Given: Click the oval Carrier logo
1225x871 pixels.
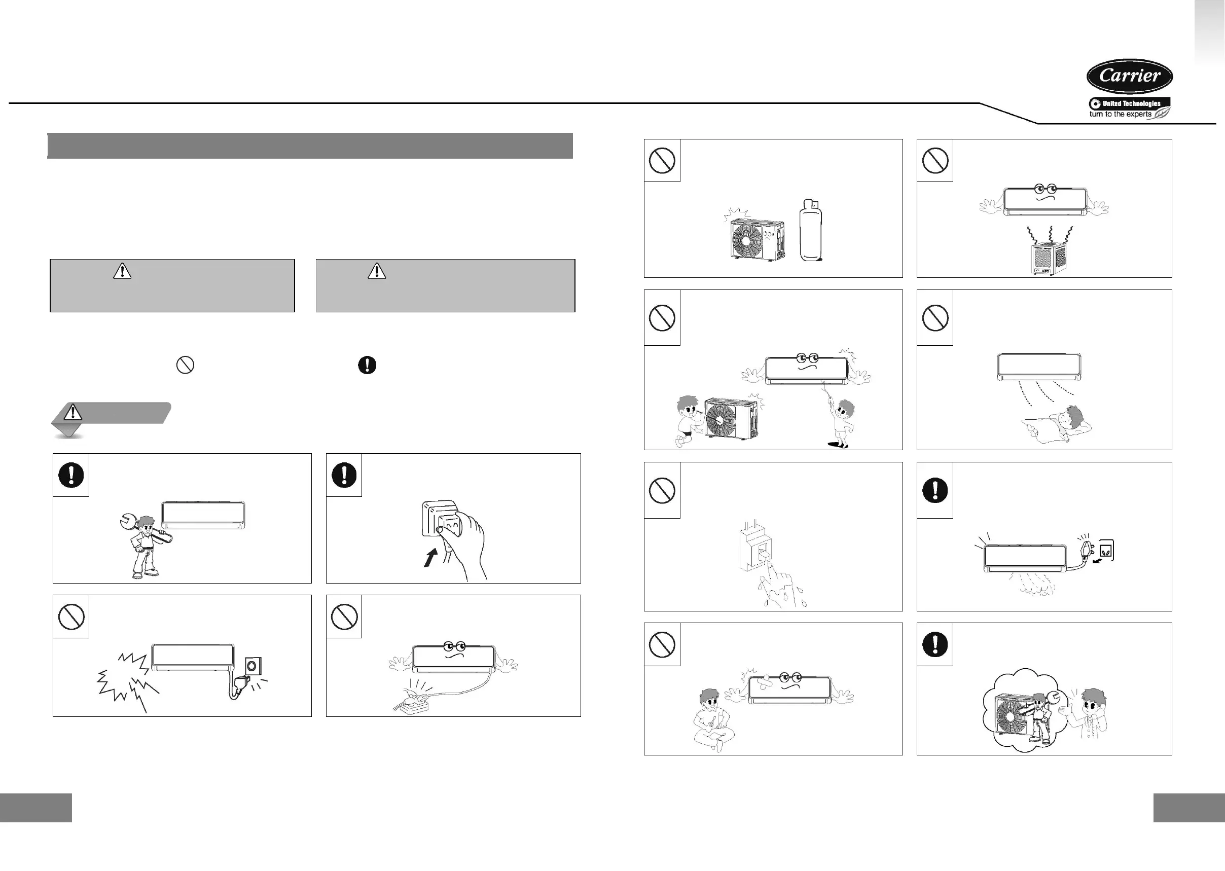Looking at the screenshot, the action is pos(1129,76).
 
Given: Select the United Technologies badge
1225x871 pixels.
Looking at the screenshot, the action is pos(1130,103).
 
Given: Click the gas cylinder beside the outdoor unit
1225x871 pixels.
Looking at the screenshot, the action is pos(810,231).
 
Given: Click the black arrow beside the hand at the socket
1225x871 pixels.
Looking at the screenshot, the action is pos(430,557).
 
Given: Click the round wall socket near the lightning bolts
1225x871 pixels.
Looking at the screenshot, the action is pos(250,666).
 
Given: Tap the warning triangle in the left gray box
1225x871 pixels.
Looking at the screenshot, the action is pos(122,271).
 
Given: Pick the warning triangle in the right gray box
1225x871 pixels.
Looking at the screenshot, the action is pos(377,271).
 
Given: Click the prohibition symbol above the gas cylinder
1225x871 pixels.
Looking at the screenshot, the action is pos(662,160).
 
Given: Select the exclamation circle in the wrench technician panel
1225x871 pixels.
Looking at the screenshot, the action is pos(71,475).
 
